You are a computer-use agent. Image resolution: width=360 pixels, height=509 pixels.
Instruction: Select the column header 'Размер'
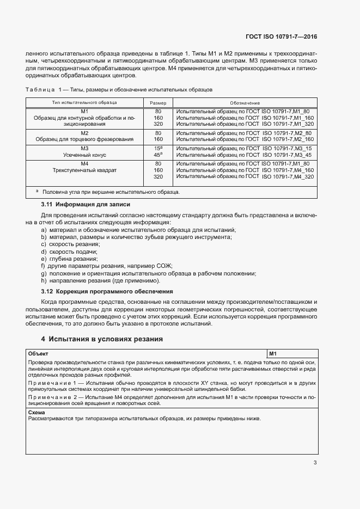158,103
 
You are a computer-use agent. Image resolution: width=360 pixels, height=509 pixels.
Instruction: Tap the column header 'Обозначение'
245,103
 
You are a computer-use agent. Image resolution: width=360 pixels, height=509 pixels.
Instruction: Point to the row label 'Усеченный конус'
84,155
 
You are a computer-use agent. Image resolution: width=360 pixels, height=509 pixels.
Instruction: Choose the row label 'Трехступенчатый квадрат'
84,170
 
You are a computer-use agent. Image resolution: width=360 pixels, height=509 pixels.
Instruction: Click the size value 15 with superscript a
158,148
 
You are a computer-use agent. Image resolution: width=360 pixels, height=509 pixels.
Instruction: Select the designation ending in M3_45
245,155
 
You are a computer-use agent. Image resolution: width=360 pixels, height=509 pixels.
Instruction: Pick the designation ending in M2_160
245,139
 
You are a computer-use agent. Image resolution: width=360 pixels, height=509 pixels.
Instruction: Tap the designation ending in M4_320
245,177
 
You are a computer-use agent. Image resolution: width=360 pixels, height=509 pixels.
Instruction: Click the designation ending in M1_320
245,124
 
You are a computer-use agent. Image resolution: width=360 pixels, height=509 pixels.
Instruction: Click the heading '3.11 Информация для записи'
86,205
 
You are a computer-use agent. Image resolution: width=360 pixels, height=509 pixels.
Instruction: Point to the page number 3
315,463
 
